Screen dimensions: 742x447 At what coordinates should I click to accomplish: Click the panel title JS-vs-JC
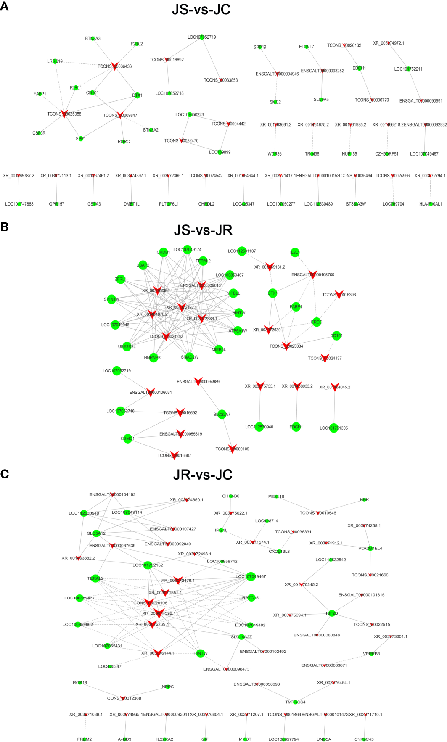click(201, 9)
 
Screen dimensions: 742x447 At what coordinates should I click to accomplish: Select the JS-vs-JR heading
click(203, 230)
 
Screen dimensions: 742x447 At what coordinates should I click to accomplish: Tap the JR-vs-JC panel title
click(203, 475)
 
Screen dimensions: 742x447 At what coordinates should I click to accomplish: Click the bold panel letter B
click(5, 227)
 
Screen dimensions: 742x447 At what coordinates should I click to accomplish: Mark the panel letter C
click(5, 474)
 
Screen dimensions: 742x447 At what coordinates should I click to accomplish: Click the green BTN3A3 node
click(93, 38)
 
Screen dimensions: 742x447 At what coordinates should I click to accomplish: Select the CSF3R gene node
click(40, 133)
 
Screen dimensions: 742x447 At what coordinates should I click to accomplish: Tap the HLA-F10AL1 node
click(431, 204)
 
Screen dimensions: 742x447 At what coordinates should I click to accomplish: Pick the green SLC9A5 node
click(321, 100)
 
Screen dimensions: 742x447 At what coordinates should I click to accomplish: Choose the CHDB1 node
click(164, 252)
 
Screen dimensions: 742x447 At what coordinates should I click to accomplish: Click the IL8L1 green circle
click(295, 252)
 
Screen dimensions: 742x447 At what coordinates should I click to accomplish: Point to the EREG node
click(317, 322)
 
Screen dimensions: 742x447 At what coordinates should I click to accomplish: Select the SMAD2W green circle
click(190, 357)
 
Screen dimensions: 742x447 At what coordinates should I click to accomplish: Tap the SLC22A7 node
click(222, 415)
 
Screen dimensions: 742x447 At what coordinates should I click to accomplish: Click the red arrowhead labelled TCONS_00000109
click(232, 449)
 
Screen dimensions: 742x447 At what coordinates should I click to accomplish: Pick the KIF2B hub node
click(332, 613)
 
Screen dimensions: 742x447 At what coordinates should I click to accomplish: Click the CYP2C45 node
click(364, 739)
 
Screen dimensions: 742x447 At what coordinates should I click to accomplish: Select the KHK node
click(364, 499)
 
